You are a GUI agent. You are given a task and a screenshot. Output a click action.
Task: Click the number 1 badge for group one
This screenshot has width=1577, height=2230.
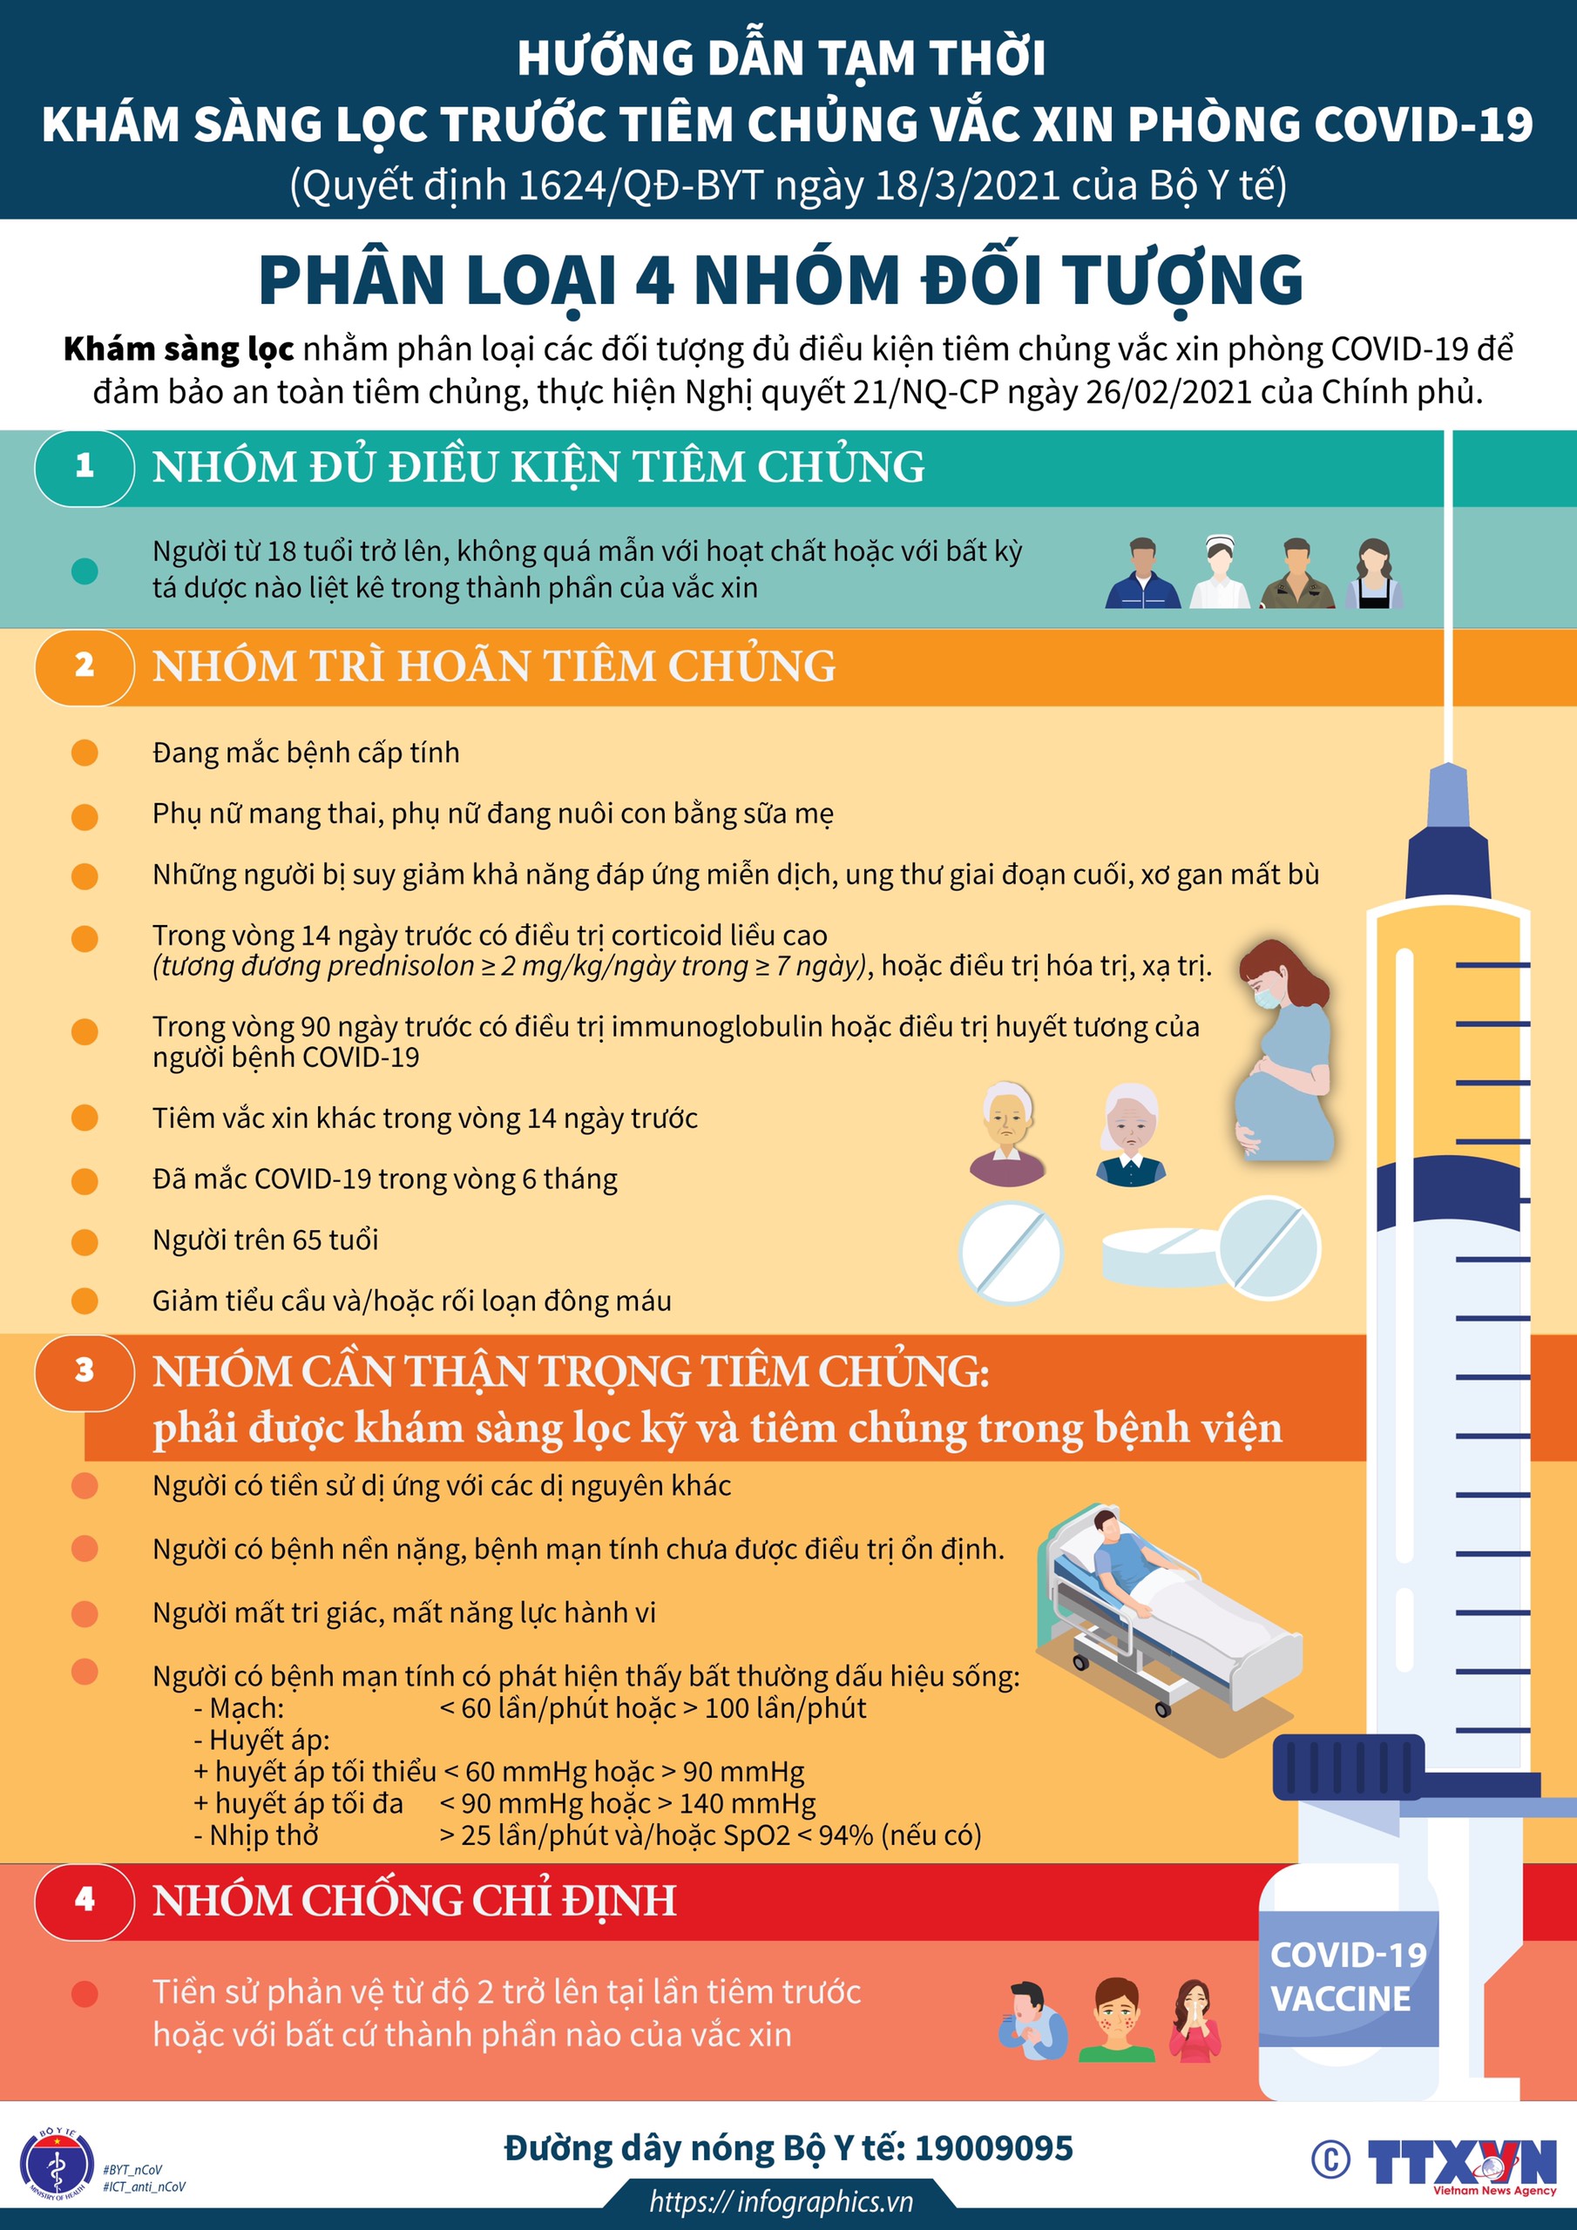tap(85, 467)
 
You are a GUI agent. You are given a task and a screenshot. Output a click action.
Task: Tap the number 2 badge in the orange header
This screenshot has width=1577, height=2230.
tap(85, 667)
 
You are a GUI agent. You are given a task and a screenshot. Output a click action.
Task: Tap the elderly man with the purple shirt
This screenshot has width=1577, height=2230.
tap(1006, 1134)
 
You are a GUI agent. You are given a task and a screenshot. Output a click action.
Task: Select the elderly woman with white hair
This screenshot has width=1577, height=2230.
tap(1130, 1134)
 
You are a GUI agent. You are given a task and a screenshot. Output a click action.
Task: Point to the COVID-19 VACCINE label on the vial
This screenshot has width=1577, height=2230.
tap(1348, 1977)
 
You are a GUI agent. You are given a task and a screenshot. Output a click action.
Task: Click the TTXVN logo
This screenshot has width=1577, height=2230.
tap(1461, 2163)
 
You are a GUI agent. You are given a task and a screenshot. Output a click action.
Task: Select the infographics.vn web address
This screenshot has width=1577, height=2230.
tap(782, 2200)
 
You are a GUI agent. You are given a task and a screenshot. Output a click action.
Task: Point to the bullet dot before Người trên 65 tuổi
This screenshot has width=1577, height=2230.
tap(85, 1242)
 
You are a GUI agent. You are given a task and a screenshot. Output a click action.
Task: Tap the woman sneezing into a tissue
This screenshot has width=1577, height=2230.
tap(1195, 2019)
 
